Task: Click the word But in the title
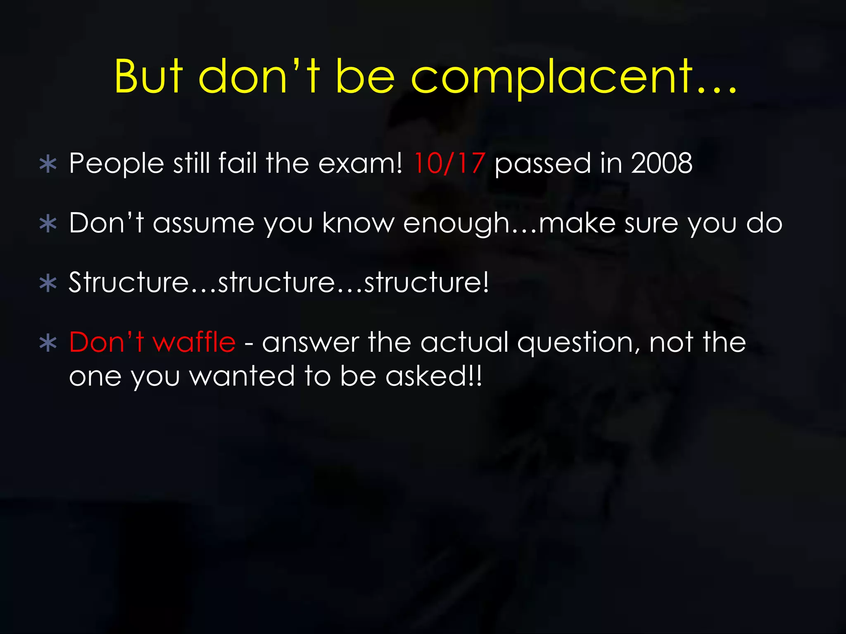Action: [149, 77]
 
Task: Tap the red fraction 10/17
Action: [449, 163]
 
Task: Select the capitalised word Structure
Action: [128, 283]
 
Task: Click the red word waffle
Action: [194, 342]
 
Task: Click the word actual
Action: [464, 342]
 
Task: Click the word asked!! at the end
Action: [433, 376]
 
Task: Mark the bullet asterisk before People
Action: [48, 164]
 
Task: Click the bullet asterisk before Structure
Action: [48, 284]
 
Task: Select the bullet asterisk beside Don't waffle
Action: [48, 343]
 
